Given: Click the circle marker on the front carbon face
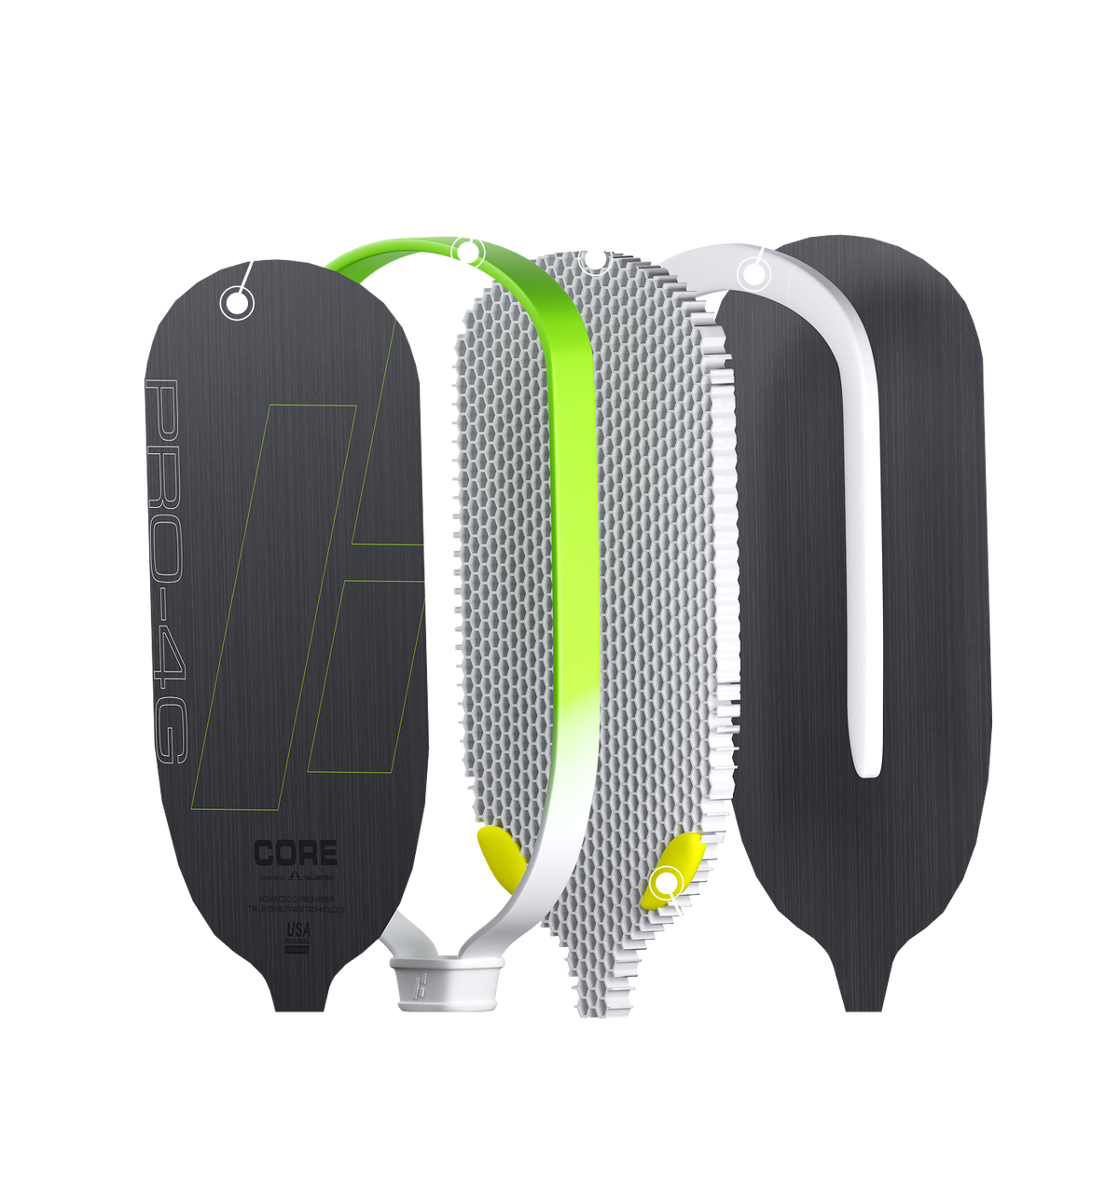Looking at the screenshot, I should click(237, 302).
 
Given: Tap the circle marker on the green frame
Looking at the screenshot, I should click(467, 251).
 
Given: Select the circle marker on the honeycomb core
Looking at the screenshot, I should click(594, 258).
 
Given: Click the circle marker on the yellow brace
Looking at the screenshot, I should click(667, 880).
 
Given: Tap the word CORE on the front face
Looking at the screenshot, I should click(296, 853).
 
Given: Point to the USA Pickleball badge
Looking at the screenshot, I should click(297, 936).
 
